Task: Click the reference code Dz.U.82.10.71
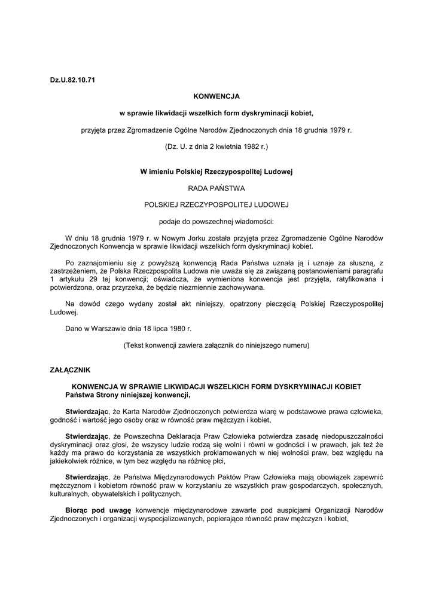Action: click(72, 80)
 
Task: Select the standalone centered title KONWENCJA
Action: click(216, 96)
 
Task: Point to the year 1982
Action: click(247, 145)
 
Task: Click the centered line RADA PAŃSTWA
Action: click(216, 188)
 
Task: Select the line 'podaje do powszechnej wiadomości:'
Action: click(216, 221)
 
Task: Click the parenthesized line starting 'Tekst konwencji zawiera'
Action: click(216, 345)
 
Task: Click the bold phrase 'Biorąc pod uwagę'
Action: click(98, 511)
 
